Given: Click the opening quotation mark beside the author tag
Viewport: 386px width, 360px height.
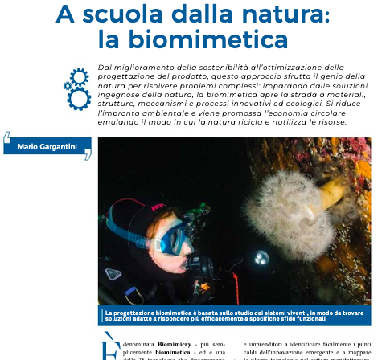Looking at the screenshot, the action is pos(7,137).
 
